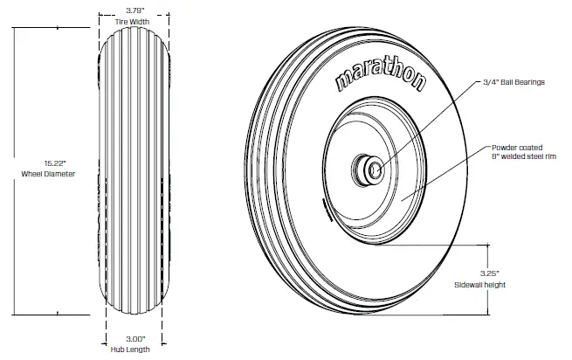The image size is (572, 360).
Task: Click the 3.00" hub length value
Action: point(135,337)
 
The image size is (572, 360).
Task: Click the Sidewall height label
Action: point(480,285)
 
